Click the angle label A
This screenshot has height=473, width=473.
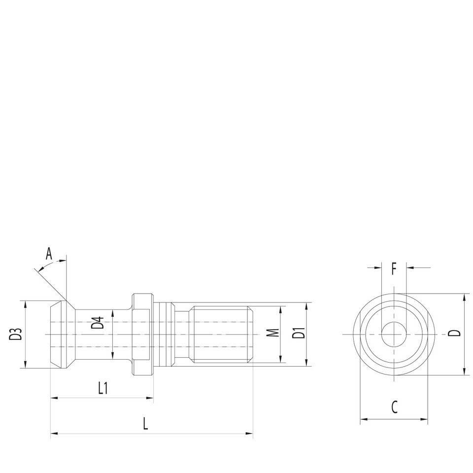point(49,254)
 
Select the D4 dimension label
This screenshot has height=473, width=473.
point(99,323)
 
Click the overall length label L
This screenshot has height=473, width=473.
point(145,424)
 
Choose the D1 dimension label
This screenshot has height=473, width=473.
point(298,334)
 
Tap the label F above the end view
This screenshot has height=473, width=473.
point(394,269)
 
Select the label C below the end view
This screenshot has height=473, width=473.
point(394,407)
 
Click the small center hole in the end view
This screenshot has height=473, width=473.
point(394,334)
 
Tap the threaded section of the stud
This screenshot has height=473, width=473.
point(222,334)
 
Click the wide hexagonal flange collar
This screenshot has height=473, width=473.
point(141,334)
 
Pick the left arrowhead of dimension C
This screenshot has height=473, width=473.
point(364,420)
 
